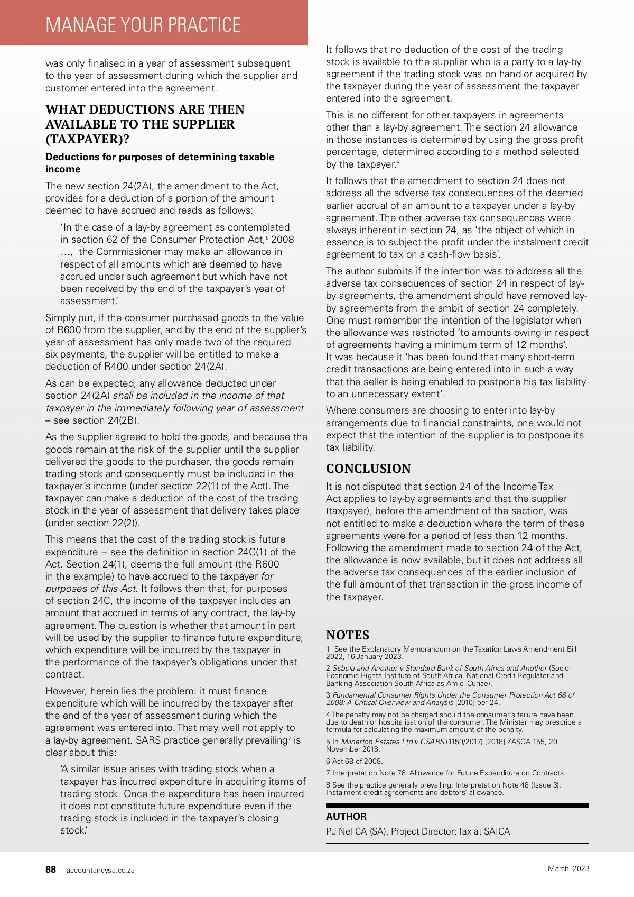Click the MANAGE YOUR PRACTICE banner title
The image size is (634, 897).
[x=143, y=25]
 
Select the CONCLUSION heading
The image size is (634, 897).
[x=368, y=469]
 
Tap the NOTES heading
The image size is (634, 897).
[x=348, y=635]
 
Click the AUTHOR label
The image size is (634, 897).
[x=346, y=816]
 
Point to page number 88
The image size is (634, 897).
[x=51, y=869]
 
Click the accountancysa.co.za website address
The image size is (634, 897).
[x=100, y=870]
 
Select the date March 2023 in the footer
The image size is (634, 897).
[x=568, y=868]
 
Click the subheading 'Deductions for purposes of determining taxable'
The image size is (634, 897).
[x=160, y=157]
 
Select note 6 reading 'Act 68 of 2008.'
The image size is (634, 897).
[x=354, y=761]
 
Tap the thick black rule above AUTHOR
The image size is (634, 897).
[x=457, y=805]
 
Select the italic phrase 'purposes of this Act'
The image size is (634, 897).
[x=91, y=589]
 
